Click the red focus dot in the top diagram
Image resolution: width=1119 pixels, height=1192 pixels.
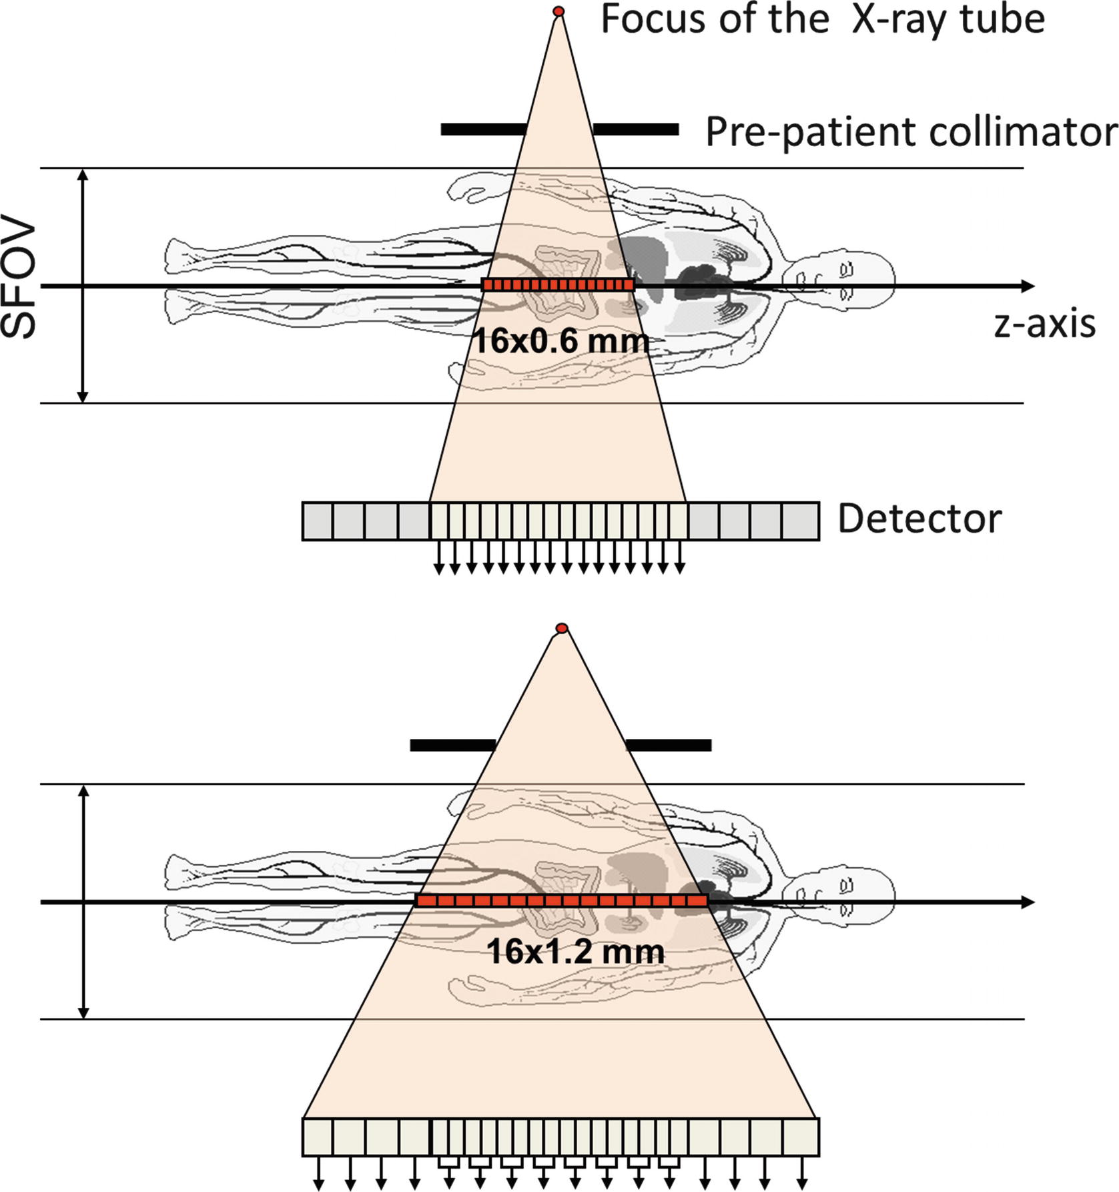click(559, 11)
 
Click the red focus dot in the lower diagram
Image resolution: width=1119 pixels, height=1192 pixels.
click(562, 628)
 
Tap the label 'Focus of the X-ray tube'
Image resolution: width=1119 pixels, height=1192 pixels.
click(822, 19)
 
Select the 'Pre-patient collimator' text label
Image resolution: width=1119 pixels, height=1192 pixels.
click(911, 132)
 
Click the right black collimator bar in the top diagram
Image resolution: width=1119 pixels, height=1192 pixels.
click(636, 129)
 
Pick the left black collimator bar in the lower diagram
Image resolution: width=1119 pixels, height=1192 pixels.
click(452, 746)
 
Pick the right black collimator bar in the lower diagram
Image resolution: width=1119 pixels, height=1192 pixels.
click(668, 746)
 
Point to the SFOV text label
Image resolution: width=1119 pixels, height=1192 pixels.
click(19, 280)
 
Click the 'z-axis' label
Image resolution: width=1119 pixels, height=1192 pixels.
click(1044, 324)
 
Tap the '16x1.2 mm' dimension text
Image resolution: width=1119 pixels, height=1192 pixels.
click(575, 951)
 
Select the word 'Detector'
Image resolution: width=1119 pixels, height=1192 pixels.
click(919, 519)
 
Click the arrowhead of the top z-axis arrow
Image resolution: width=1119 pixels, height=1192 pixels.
click(1028, 286)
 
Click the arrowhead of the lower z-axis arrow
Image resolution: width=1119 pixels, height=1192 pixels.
click(1028, 902)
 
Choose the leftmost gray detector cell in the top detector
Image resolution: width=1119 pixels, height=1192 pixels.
click(318, 521)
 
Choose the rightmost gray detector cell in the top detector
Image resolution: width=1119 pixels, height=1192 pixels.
click(801, 521)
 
